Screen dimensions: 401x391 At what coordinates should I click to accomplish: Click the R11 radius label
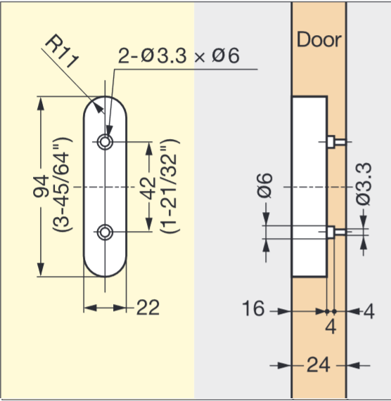click(x=63, y=53)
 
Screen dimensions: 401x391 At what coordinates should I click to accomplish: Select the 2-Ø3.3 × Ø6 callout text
click(x=179, y=56)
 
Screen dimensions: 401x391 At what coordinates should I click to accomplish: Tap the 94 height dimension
click(x=50, y=188)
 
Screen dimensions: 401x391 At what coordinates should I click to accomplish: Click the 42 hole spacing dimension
click(x=150, y=187)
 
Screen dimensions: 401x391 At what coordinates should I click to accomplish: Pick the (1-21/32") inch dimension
click(x=169, y=187)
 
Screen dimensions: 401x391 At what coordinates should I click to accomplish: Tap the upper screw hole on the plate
click(x=105, y=142)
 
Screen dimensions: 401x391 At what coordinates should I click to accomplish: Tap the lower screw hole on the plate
click(x=105, y=232)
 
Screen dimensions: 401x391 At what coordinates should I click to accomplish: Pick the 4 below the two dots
click(x=331, y=327)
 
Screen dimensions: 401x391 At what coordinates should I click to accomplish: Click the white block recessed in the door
click(x=308, y=187)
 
